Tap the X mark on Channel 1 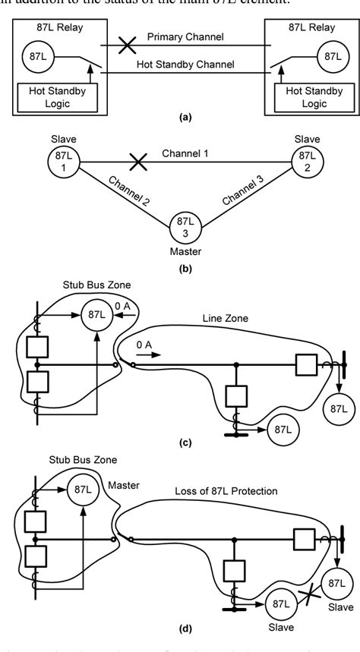[x=136, y=161]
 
